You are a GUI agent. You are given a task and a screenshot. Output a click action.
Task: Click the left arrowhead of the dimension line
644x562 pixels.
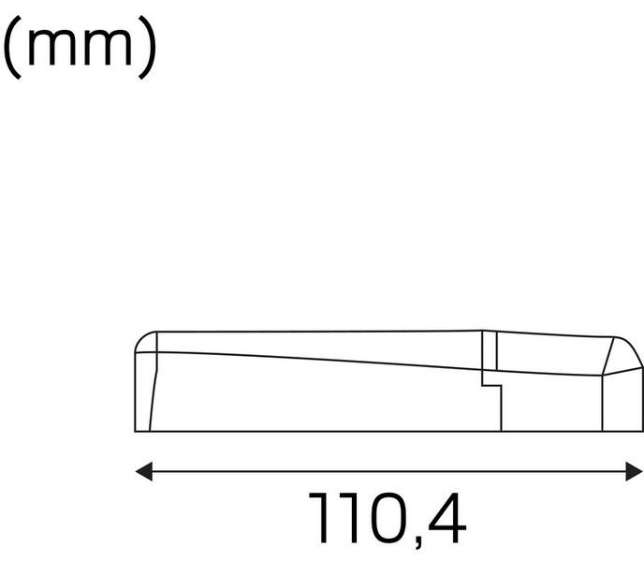(143, 471)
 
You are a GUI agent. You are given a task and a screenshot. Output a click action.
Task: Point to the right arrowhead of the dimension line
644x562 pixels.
(636, 471)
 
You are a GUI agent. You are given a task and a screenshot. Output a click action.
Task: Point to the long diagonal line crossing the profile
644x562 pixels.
(318, 359)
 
